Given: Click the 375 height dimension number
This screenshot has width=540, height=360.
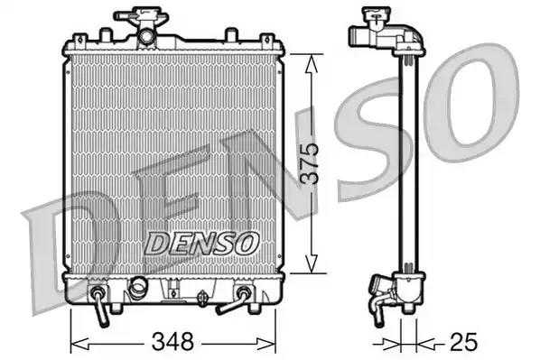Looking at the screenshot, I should (x=310, y=162).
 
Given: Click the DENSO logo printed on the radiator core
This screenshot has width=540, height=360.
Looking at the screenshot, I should (x=202, y=243).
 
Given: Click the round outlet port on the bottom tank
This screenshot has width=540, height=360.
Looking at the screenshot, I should (x=138, y=288).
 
